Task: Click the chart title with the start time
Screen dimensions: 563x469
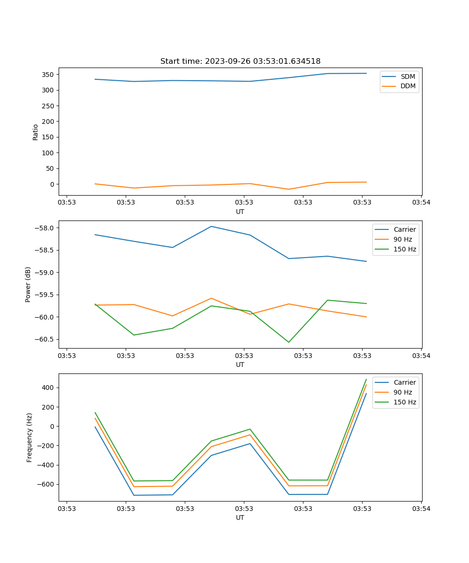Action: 240,61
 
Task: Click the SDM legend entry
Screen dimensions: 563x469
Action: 408,76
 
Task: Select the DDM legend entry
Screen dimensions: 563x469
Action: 408,86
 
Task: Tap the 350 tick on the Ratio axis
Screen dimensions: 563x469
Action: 49,75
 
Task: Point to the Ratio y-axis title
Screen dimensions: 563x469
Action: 36,132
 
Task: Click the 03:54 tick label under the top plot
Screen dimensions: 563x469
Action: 421,203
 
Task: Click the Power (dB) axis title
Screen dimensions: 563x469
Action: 28,284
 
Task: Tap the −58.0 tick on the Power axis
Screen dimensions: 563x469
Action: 46,228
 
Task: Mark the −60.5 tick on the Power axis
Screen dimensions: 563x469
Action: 46,339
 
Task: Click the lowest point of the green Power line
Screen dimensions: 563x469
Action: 288,342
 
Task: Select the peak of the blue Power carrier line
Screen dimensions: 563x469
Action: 211,227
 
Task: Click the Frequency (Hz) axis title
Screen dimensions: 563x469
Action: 29,437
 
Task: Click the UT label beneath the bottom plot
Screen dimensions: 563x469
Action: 240,517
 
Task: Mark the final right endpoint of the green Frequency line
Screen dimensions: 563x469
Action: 366,379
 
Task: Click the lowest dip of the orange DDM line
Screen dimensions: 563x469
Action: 288,189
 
